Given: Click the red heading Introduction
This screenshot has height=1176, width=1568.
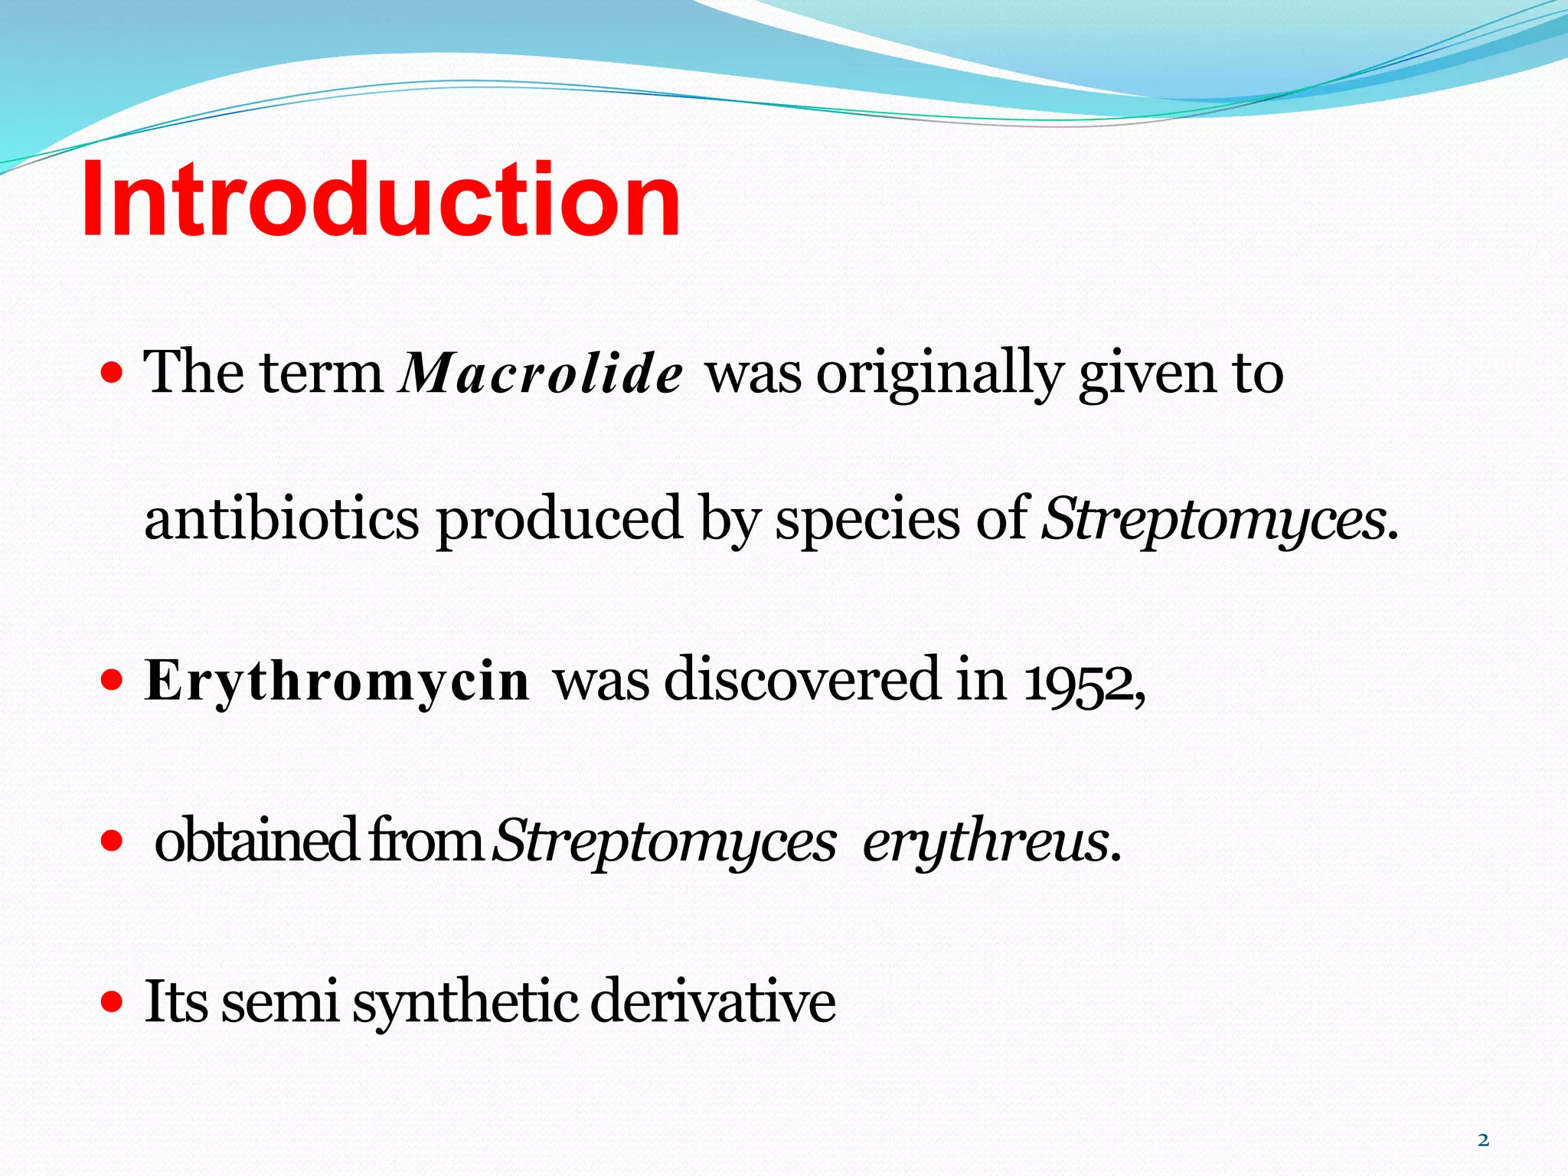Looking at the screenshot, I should (381, 201).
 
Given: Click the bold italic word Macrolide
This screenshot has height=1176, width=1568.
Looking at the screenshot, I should (541, 374).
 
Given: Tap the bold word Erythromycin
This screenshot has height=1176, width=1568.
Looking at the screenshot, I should (337, 681).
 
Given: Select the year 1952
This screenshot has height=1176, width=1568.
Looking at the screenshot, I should (1080, 681).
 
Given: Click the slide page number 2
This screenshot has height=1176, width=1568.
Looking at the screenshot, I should (1483, 1140).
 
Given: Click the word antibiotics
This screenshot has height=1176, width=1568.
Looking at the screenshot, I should (281, 518).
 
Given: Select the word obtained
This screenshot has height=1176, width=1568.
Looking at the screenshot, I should (256, 840).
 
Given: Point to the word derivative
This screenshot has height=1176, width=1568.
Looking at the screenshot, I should (713, 1001).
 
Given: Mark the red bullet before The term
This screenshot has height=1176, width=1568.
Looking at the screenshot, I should (112, 374).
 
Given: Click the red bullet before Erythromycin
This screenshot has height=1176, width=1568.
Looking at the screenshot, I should (112, 679).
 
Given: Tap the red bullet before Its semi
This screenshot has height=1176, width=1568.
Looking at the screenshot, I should (112, 1001).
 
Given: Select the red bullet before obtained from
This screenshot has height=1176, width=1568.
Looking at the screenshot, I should (112, 841).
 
